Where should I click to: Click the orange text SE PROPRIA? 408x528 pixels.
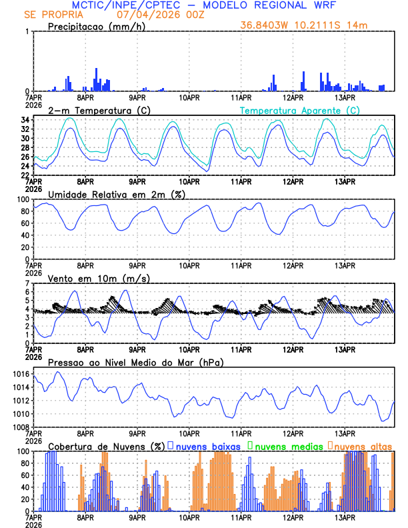[x=51, y=15]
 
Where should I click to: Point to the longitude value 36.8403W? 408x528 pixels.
[x=267, y=25]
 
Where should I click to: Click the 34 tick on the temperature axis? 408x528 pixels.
[x=25, y=120]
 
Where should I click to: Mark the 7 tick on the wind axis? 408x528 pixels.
[x=27, y=284]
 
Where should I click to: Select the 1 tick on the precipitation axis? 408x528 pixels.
[x=27, y=32]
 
